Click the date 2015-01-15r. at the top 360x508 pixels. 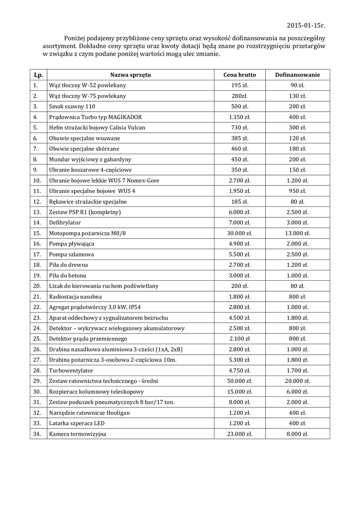306,25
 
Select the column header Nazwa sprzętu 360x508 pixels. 130,75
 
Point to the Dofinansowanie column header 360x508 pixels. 297,75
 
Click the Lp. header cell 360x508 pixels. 38,75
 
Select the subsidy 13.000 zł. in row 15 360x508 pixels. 297,233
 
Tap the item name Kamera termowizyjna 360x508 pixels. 77,434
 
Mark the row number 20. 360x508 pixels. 36,286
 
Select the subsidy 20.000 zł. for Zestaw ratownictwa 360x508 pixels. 297,381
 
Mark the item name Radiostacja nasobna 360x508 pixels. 75,297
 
